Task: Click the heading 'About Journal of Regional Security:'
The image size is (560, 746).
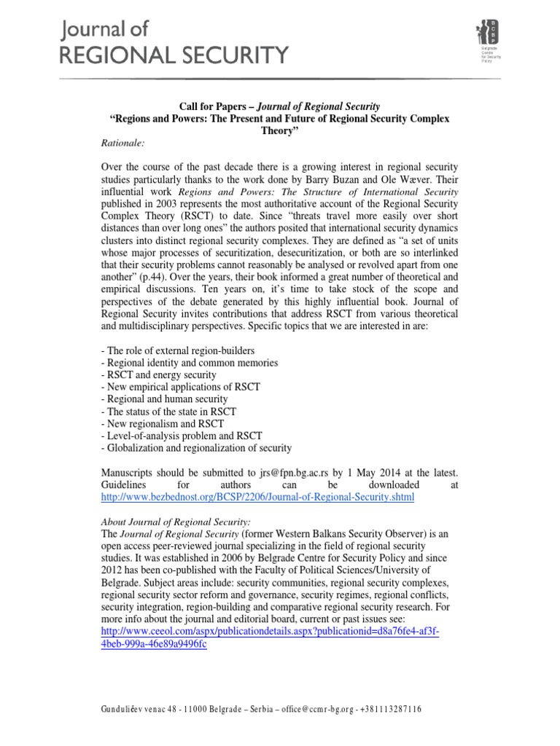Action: (x=175, y=522)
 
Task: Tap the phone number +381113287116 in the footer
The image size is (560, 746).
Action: (x=384, y=710)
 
